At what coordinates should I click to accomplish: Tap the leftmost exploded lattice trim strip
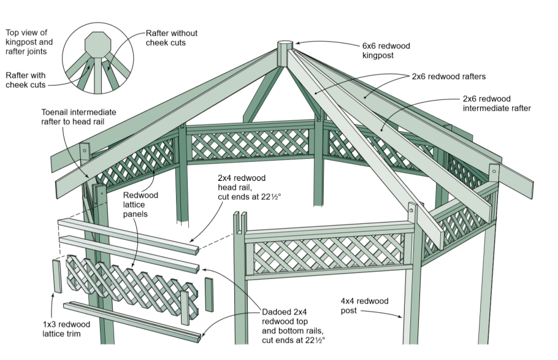click(x=56, y=276)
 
